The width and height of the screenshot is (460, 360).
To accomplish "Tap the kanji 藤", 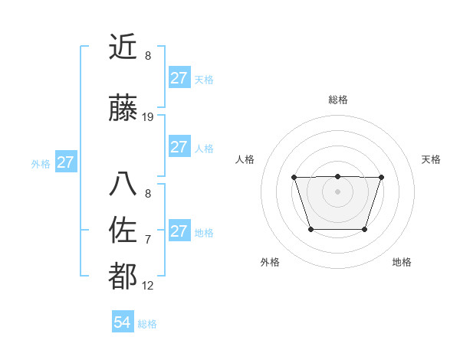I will tap(123, 109).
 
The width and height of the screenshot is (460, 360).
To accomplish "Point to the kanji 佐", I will tap(123, 231).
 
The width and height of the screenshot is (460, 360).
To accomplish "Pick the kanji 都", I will tap(123, 277).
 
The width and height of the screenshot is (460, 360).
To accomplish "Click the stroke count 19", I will tap(148, 117).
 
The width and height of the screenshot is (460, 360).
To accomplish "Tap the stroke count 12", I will tap(148, 286).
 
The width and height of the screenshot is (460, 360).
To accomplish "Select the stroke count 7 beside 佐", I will tap(148, 240).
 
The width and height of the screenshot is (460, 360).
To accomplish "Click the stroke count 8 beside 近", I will tap(148, 56).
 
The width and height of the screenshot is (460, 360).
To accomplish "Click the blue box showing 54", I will tap(122, 323).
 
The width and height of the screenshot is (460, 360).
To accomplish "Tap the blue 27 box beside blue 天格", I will tap(179, 78).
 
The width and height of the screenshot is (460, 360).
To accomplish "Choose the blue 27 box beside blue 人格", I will tap(179, 147).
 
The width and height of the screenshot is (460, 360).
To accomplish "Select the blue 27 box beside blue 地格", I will tap(179, 231).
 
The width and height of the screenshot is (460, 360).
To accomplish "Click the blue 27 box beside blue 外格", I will tap(65, 162).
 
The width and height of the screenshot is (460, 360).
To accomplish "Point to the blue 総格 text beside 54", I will tap(147, 324).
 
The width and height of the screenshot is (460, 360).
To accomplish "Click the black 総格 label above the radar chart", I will tap(337, 100).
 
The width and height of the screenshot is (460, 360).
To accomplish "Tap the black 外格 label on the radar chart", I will tap(270, 262).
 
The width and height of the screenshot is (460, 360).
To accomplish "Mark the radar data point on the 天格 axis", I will tap(381, 177).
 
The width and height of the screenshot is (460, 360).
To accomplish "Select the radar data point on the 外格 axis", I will tap(310, 229).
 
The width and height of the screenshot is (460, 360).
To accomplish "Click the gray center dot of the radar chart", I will tap(337, 191).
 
